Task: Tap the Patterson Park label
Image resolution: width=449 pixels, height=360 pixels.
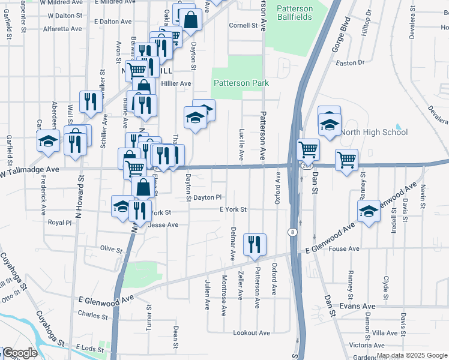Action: pyautogui.click(x=241, y=83)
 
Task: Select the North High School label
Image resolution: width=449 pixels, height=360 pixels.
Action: pyautogui.click(x=373, y=132)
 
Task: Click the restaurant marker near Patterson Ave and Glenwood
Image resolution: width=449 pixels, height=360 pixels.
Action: pyautogui.click(x=255, y=244)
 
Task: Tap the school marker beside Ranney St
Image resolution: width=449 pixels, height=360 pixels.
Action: pyautogui.click(x=369, y=211)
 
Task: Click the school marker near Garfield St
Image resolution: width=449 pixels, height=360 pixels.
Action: pyautogui.click(x=47, y=142)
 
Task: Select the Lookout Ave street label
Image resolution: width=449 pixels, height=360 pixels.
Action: pyautogui.click(x=252, y=332)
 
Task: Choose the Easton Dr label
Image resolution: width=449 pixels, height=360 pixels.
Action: pyautogui.click(x=351, y=62)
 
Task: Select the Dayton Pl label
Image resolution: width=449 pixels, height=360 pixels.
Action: pyautogui.click(x=208, y=197)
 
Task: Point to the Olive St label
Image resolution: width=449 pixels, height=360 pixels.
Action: pyautogui.click(x=111, y=248)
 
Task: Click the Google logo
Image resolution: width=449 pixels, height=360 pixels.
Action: pyautogui.click(x=20, y=353)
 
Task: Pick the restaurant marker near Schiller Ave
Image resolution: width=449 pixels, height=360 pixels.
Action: pyautogui.click(x=91, y=101)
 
